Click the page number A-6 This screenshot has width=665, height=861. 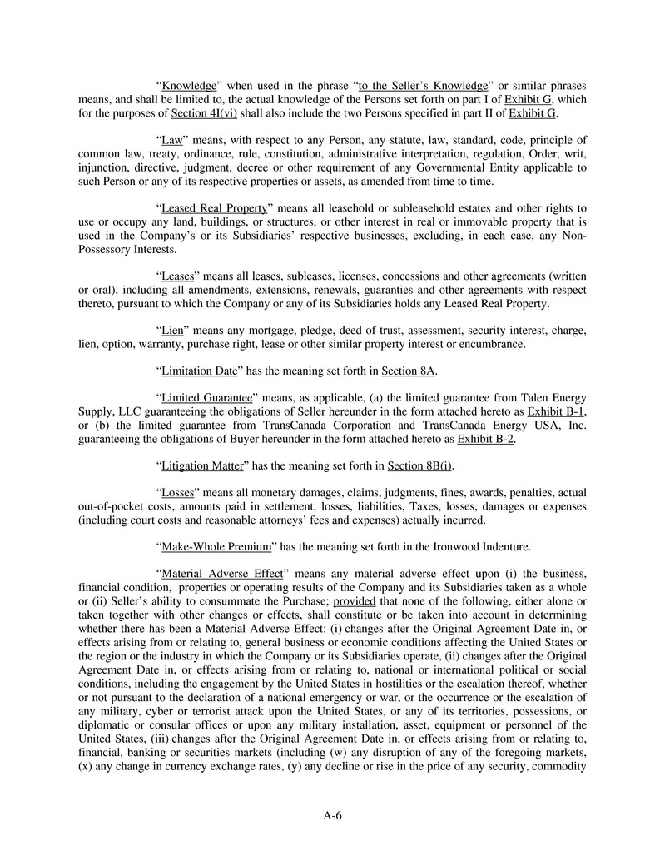pos(333,815)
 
